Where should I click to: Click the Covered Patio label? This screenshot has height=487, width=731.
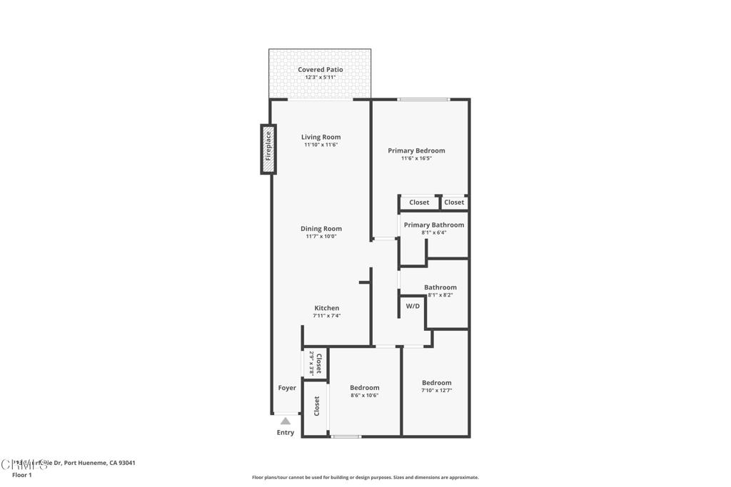click(320, 69)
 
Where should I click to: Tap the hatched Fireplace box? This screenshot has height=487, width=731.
click(268, 149)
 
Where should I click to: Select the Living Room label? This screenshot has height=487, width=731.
click(321, 137)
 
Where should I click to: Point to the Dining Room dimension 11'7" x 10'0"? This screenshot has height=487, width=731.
click(321, 236)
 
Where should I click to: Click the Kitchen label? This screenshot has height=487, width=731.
click(327, 308)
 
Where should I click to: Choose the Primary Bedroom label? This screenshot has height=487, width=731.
click(416, 150)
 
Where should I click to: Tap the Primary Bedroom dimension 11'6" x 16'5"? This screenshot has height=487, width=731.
click(416, 158)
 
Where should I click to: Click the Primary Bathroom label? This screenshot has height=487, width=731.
click(433, 225)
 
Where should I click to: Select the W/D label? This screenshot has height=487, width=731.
click(413, 306)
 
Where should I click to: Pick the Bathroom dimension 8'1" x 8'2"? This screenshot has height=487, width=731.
click(440, 295)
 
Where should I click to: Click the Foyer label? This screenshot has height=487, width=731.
click(287, 388)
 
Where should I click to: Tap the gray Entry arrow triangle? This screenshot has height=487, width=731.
click(286, 421)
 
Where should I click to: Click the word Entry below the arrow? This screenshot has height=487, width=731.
click(286, 433)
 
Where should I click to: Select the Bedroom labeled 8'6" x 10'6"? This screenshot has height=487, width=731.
click(364, 388)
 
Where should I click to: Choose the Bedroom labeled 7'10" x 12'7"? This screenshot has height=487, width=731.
click(436, 383)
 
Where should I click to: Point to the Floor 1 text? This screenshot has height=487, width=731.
click(21, 474)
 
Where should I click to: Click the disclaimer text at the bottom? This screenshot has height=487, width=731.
click(365, 478)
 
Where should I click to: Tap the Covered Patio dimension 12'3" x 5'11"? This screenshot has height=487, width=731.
click(320, 77)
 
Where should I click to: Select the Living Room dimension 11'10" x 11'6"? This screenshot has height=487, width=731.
click(321, 145)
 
